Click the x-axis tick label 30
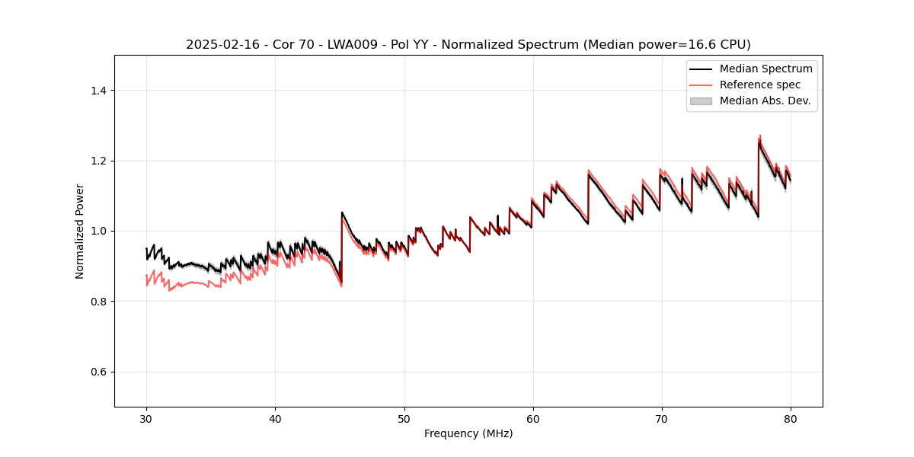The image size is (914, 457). [x=147, y=419]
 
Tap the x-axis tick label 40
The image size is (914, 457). [x=276, y=419]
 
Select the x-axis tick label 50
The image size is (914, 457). [x=404, y=419]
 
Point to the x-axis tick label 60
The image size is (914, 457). [x=533, y=419]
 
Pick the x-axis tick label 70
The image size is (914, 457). [x=662, y=419]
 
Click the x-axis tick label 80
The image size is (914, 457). [x=791, y=419]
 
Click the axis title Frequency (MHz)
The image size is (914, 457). [x=468, y=433]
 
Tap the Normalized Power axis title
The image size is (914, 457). [x=80, y=231]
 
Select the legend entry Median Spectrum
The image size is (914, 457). [x=765, y=69]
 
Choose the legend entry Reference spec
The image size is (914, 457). [x=759, y=85]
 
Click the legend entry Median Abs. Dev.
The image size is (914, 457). [x=765, y=101]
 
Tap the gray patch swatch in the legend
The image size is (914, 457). [x=701, y=101]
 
